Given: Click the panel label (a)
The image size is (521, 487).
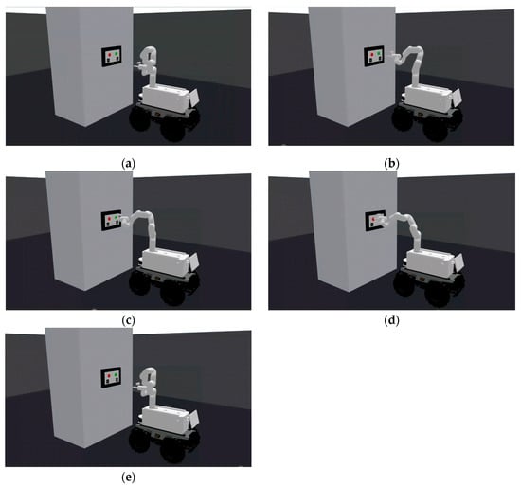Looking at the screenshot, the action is click(128, 164).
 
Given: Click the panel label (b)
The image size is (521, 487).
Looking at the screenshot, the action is click(391, 164).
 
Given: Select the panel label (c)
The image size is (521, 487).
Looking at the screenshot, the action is click(128, 321).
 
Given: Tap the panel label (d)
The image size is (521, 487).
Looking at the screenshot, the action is click(391, 321).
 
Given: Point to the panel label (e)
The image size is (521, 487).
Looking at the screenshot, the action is click(128, 478).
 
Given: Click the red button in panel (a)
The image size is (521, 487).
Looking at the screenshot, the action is click(109, 54).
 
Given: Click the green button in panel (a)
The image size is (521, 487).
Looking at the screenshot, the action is click(116, 53).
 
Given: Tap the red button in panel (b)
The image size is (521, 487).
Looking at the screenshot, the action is click(372, 54).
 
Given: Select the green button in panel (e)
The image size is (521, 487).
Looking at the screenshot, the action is click(116, 374).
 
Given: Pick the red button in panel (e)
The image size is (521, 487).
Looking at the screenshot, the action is click(109, 375).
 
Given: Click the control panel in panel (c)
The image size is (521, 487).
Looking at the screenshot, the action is click(111, 220).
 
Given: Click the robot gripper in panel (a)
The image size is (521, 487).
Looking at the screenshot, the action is click(139, 67).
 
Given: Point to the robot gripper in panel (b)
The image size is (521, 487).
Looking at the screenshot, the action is click(394, 55).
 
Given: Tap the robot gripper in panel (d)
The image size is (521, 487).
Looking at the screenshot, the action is click(382, 221).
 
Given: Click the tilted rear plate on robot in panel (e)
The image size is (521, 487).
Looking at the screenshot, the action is click(193, 419).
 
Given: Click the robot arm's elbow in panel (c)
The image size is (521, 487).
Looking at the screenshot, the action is click(150, 215).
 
